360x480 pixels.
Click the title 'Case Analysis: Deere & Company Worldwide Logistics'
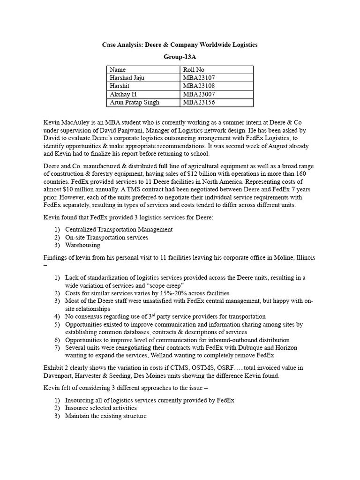(x=180, y=45)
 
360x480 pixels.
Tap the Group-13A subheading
(x=180, y=57)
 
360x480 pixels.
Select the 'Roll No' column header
(x=194, y=70)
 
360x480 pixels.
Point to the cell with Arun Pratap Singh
(x=134, y=103)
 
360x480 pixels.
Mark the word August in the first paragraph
(x=284, y=146)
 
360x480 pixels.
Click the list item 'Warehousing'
(x=82, y=245)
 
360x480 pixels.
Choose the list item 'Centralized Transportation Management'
(x=119, y=230)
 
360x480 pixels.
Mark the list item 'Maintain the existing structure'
(x=106, y=416)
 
